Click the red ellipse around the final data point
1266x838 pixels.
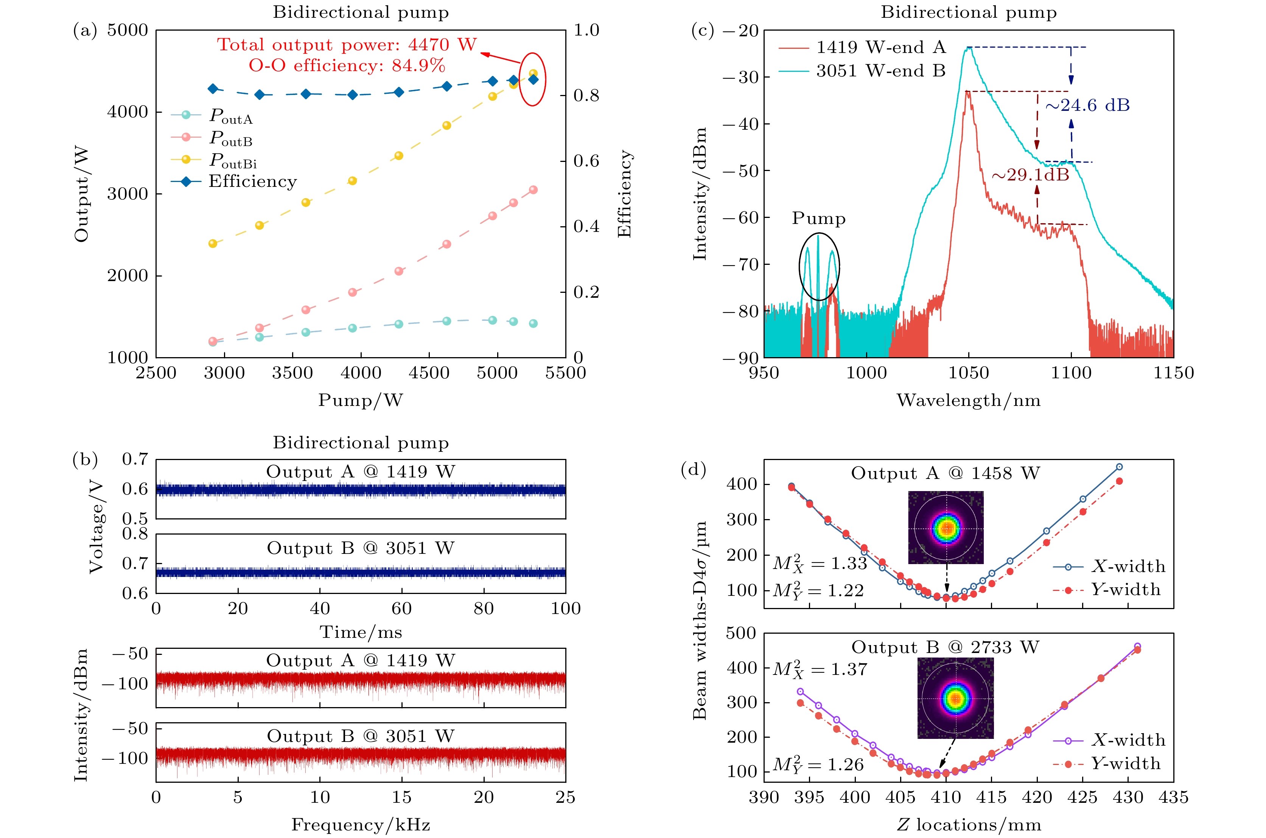coord(533,79)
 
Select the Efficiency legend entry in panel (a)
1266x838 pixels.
coord(252,182)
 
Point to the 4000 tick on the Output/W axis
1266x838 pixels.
coord(127,112)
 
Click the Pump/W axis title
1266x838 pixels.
coord(361,400)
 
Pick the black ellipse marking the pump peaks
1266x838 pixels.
coord(819,266)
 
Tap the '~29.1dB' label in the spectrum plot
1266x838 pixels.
coord(1030,175)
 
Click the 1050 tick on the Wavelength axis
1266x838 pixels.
coord(968,373)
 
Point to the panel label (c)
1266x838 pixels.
coord(703,31)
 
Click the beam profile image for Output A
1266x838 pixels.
coord(946,527)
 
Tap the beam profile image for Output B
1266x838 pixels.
coord(955,698)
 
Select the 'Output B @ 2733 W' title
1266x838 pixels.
coord(945,648)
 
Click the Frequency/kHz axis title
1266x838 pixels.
coord(361,825)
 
